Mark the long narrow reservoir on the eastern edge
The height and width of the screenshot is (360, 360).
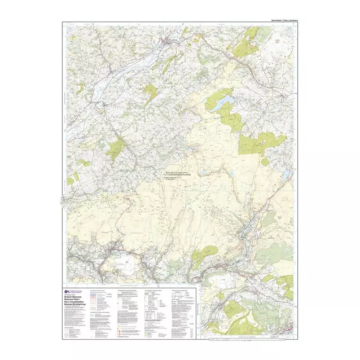coord(287,177)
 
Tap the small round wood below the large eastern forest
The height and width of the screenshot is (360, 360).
coord(265,162)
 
